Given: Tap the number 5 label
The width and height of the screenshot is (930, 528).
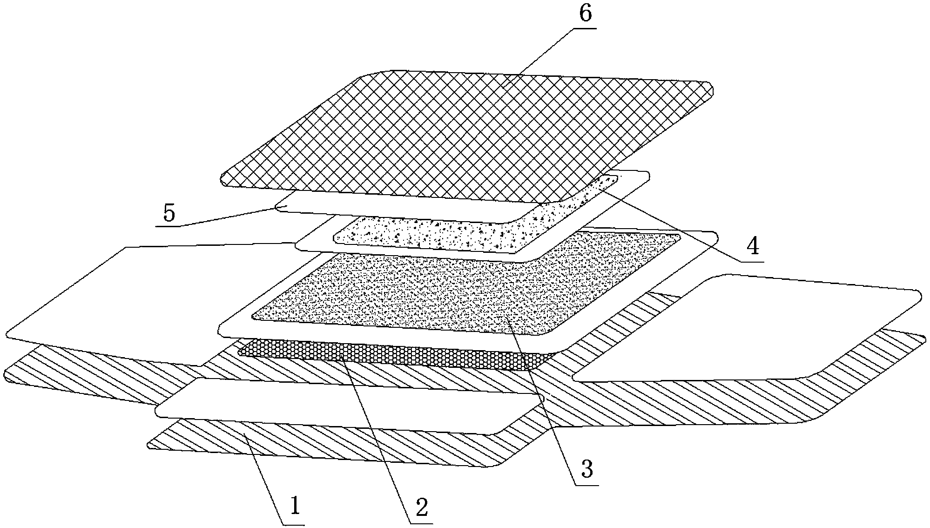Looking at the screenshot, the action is tap(168, 213).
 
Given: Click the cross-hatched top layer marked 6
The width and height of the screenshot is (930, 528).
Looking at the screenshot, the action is tap(465, 135).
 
